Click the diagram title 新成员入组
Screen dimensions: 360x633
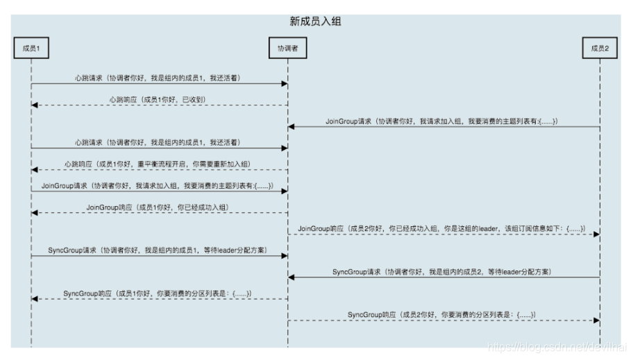[315, 22]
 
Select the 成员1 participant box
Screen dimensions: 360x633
[31, 48]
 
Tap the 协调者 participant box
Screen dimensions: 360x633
[287, 48]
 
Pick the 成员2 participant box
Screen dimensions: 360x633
[599, 48]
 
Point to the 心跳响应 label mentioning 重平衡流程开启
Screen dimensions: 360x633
[160, 164]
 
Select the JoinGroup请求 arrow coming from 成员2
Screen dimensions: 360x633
[444, 127]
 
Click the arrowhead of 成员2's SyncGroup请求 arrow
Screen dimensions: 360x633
[292, 277]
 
